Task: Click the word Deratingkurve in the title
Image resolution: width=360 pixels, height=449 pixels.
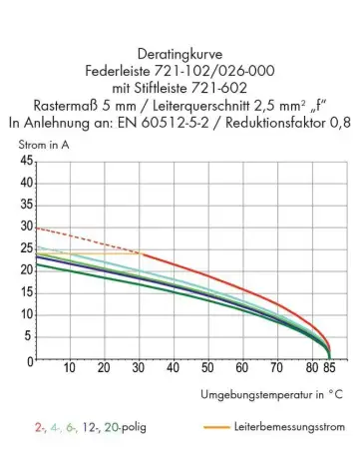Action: [x=180, y=55]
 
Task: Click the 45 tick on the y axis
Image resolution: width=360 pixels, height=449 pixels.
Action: [x=26, y=161]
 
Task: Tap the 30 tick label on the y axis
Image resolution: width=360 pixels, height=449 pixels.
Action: [x=26, y=226]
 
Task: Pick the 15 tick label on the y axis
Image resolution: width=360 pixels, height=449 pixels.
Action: [x=26, y=293]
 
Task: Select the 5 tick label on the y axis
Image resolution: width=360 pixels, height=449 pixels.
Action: [x=29, y=337]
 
